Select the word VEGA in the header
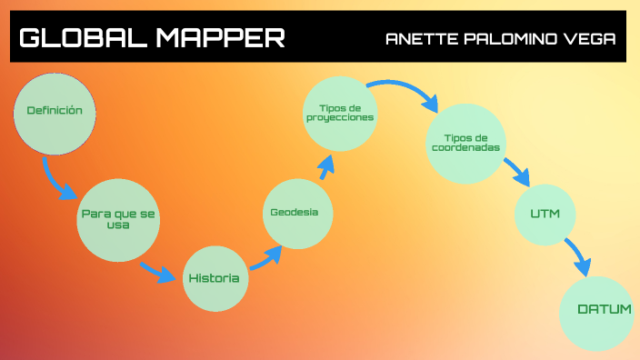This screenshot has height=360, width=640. point(588,39)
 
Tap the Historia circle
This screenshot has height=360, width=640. point(215,277)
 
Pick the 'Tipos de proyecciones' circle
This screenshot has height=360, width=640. point(339,113)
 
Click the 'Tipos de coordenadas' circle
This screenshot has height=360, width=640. point(465,144)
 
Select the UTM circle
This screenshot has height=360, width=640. point(545,214)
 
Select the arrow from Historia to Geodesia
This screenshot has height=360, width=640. point(265,258)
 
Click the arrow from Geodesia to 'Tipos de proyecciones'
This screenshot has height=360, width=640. point(323,169)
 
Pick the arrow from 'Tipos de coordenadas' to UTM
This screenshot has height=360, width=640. point(516,171)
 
